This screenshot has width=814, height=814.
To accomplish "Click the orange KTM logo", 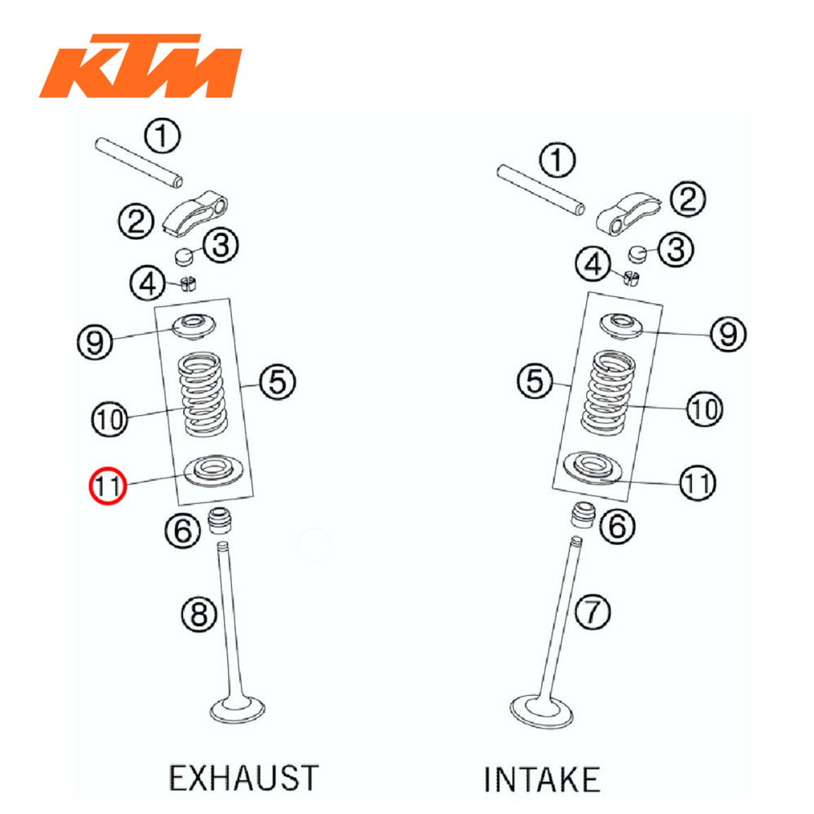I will [140, 66].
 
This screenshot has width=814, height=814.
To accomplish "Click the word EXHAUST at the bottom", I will [243, 777].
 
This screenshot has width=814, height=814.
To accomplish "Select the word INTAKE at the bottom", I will [542, 779].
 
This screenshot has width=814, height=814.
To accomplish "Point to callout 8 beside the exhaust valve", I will [199, 614].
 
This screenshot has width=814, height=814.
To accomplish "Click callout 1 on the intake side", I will [558, 160].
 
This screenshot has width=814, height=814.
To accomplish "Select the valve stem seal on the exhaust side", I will [220, 520].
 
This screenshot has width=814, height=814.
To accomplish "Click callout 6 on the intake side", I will [618, 527].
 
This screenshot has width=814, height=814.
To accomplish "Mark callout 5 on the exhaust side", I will [278, 380].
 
